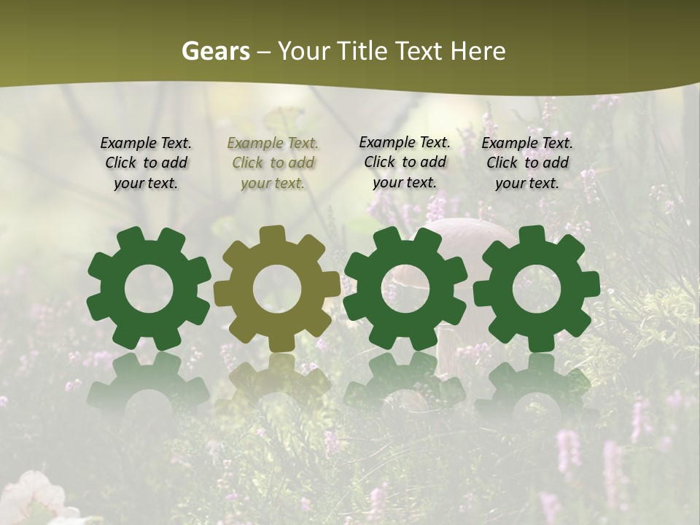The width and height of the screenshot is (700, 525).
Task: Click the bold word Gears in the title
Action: tap(214, 51)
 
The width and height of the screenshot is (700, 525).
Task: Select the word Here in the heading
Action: tap(478, 51)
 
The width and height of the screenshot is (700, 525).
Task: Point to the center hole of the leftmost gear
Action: tap(149, 289)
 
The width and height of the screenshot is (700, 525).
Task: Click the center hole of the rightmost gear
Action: tap(537, 289)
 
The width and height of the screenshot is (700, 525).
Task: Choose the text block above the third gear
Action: tap(405, 162)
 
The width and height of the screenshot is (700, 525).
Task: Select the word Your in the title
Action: tap(303, 51)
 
